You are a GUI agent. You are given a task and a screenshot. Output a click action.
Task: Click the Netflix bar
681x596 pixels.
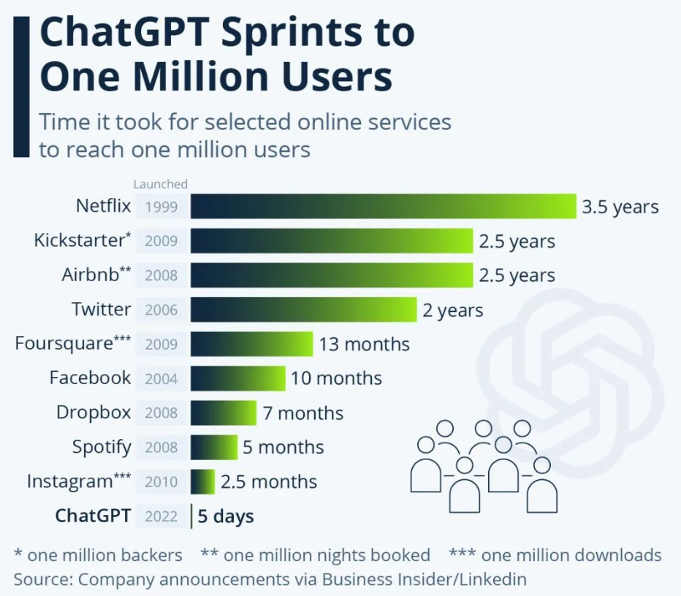point(384,207)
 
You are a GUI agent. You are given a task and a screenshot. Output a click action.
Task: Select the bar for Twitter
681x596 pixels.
point(303,310)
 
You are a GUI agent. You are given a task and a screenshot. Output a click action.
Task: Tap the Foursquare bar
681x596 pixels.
point(252,344)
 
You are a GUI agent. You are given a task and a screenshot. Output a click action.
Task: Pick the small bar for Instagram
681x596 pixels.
point(202,482)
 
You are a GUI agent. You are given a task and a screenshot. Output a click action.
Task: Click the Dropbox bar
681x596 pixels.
point(224,413)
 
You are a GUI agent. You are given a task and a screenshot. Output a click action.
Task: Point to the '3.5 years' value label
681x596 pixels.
point(620,207)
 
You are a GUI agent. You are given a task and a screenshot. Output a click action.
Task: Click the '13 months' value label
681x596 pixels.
point(364,344)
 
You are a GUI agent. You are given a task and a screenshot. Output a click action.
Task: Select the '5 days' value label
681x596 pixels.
point(225,517)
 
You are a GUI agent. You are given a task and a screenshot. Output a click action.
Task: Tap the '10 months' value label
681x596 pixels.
point(336,378)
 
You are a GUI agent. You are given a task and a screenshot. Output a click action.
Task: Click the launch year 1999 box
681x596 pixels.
point(161,207)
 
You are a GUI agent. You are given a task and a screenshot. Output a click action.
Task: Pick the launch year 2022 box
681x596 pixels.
point(161,517)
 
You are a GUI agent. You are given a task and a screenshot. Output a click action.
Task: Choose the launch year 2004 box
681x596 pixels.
point(161,378)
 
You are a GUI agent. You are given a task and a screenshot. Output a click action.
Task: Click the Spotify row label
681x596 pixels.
point(102,447)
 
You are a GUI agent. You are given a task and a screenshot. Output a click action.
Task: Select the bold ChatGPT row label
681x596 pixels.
point(94,516)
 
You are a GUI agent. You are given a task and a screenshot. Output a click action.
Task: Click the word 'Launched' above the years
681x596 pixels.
point(160,184)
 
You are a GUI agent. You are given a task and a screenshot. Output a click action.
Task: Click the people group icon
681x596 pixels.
point(484,465)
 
